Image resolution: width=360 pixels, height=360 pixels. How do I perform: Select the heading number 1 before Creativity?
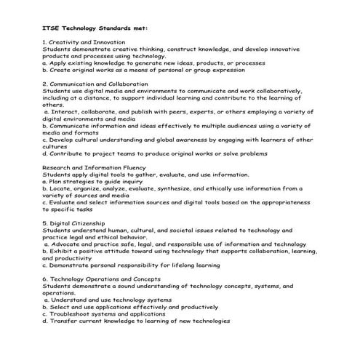click(x=45, y=42)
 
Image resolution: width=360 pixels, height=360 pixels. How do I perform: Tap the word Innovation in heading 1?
click(x=110, y=42)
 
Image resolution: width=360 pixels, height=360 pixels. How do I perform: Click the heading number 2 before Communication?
click(x=45, y=84)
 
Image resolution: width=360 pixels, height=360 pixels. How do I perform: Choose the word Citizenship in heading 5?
click(x=91, y=223)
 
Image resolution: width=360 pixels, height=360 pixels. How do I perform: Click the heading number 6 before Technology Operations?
click(x=45, y=279)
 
